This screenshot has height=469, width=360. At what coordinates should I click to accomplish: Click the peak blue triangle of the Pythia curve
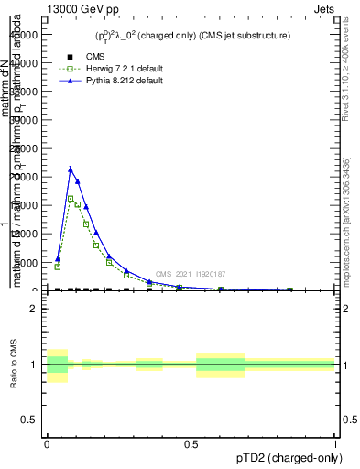click(x=71, y=169)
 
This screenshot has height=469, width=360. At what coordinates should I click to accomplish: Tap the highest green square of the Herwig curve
click(x=71, y=198)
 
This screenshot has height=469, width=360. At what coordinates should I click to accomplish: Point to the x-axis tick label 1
click(x=335, y=445)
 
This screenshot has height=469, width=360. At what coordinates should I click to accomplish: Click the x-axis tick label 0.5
click(x=191, y=445)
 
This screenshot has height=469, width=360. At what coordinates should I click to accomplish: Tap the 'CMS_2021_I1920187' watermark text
click(x=190, y=274)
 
